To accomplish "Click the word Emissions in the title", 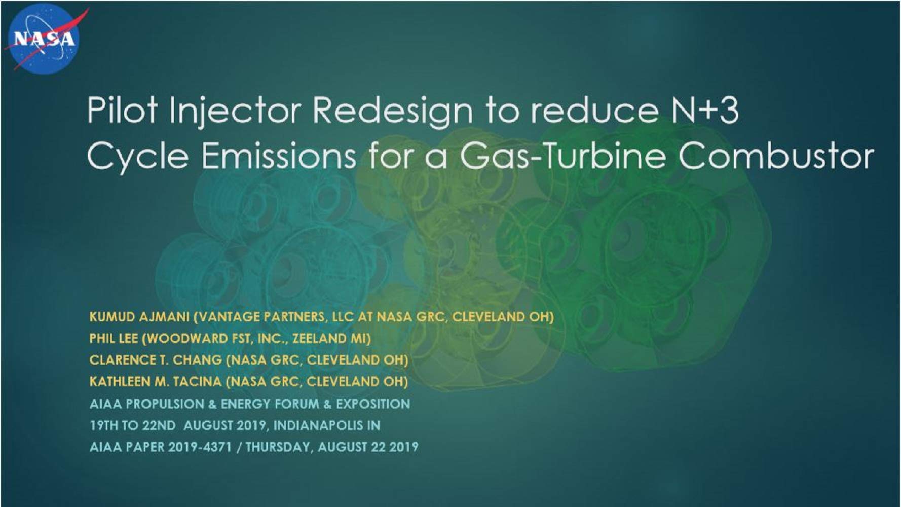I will tap(278, 156).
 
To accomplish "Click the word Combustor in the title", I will tap(776, 156).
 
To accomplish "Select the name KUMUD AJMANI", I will tap(139, 317).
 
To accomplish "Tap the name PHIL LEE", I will tap(114, 338).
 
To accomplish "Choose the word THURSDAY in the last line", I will tap(277, 447).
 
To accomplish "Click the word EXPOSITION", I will tap(373, 404).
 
